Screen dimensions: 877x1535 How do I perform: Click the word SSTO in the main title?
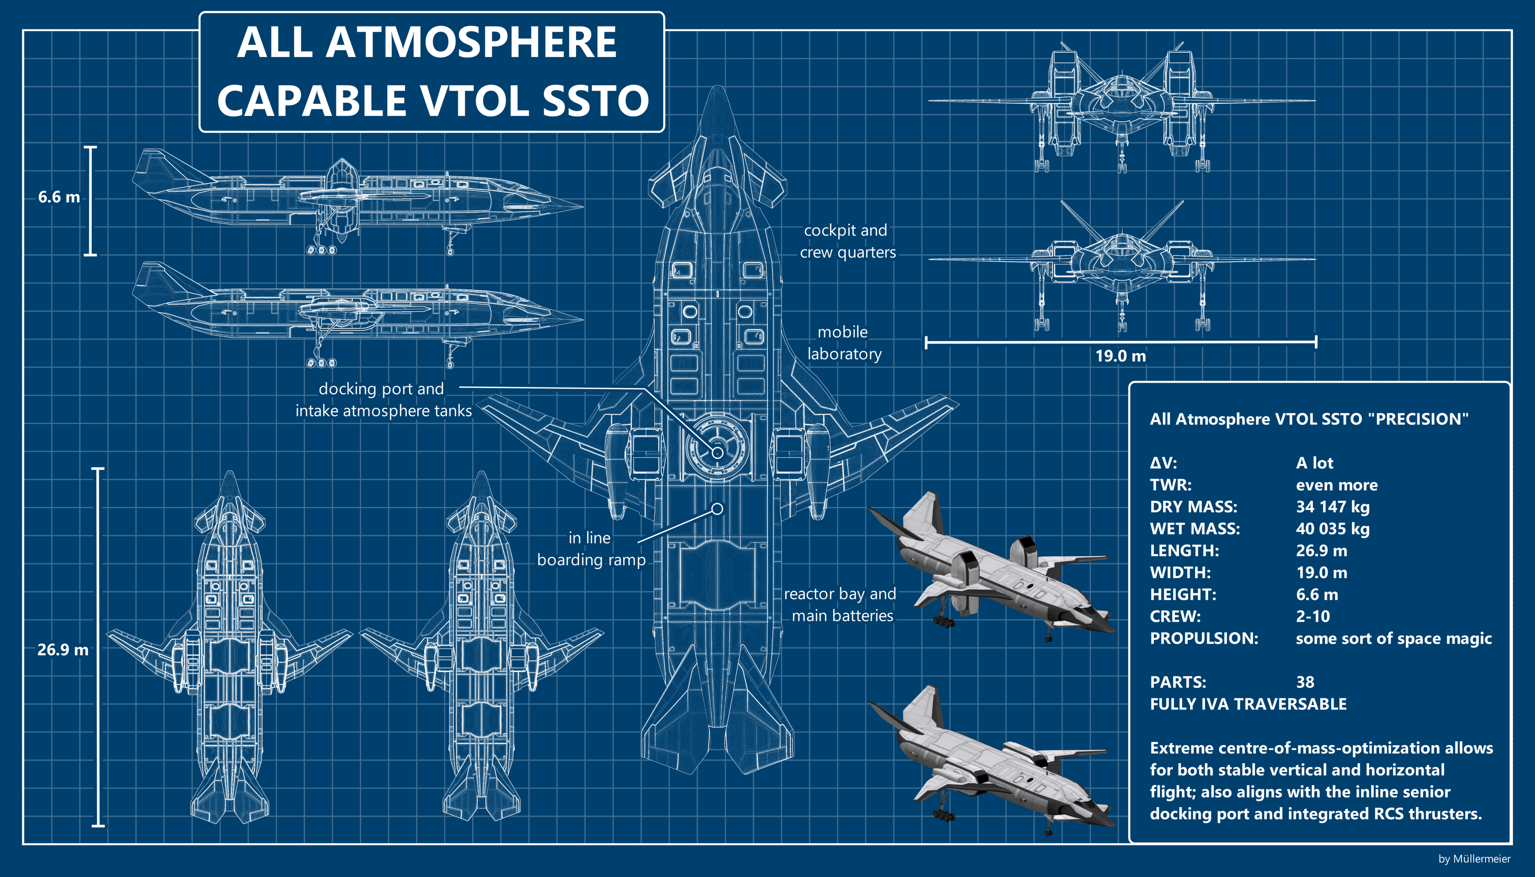pyautogui.click(x=595, y=101)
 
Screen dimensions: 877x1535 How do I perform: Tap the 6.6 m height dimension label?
pyautogui.click(x=58, y=197)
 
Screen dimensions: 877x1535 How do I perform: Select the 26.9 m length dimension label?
pyautogui.click(x=62, y=650)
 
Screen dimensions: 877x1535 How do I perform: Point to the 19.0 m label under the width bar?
pyautogui.click(x=1120, y=356)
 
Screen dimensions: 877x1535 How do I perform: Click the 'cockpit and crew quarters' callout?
pyautogui.click(x=847, y=241)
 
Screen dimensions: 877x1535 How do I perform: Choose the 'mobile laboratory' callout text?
pyautogui.click(x=844, y=343)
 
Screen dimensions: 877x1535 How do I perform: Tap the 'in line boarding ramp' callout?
pyautogui.click(x=591, y=549)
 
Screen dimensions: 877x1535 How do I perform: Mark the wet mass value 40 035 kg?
pyautogui.click(x=1333, y=529)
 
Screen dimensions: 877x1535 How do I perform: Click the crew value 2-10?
pyautogui.click(x=1313, y=616)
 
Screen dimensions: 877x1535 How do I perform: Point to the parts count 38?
pyautogui.click(x=1305, y=682)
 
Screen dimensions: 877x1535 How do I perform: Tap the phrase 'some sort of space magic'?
pyautogui.click(x=1394, y=639)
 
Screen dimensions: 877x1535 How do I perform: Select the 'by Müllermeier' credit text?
pyautogui.click(x=1474, y=859)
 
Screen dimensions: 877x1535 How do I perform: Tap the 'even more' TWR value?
pyautogui.click(x=1336, y=485)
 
